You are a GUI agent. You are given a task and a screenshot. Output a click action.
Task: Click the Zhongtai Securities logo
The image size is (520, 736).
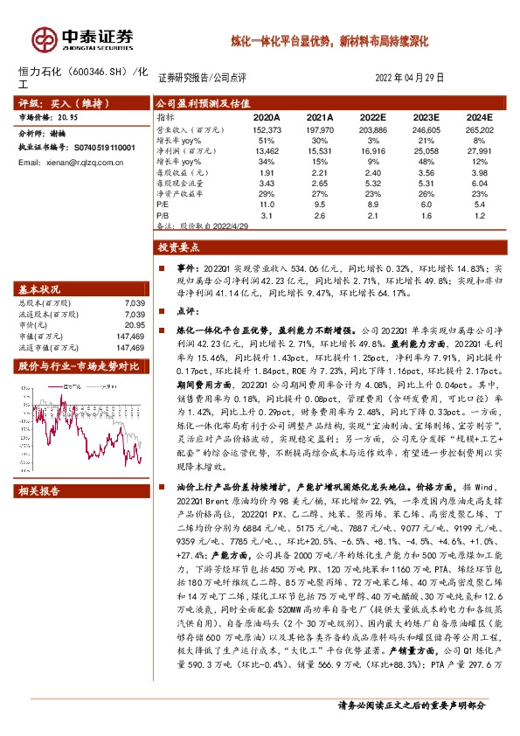(83, 39)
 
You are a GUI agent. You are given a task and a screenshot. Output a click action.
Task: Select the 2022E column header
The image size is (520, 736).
(373, 116)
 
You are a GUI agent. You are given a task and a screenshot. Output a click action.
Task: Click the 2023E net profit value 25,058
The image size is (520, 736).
(426, 149)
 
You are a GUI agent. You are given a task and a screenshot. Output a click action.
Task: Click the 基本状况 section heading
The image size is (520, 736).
(40, 289)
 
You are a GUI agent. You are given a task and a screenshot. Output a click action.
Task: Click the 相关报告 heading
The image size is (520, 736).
(40, 492)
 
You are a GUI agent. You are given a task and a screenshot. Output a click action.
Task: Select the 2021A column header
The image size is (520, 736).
(320, 116)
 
